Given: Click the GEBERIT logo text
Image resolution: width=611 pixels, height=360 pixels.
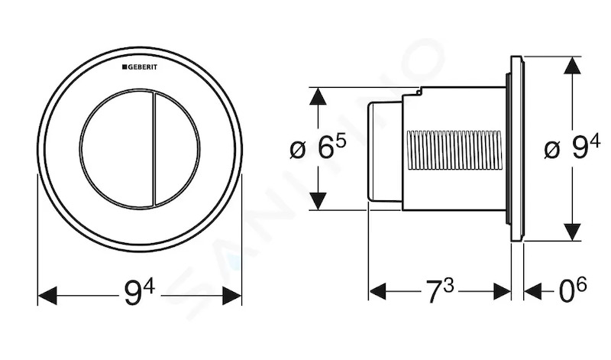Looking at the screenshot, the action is tap(140, 67).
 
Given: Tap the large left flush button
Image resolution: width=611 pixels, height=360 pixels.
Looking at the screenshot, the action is tap(116, 148).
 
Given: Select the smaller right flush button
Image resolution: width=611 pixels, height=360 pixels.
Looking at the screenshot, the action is tap(177, 148).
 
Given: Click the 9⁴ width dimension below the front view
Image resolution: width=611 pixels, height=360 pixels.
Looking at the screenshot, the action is tap(140, 294).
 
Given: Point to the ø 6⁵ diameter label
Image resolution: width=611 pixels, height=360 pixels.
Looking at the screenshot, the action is tap(318, 148).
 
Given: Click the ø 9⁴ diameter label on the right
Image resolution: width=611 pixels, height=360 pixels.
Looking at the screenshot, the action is tap(572, 148).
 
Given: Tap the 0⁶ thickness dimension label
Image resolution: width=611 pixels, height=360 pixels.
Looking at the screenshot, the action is tap(573, 290).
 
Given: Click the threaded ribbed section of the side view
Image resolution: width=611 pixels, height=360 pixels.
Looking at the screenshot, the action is tap(454, 151).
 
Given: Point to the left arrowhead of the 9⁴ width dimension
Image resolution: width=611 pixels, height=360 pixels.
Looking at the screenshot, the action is tap(47, 296).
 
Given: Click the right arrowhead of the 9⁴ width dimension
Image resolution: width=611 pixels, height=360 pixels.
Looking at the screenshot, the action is tap(232, 296).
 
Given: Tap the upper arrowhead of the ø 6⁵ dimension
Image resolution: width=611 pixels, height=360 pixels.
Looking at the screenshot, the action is tap(318, 96).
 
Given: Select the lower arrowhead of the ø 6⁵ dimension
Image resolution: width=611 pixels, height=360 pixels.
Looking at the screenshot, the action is tap(318, 201).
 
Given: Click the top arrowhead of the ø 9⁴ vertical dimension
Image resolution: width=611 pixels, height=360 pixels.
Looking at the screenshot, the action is tap(572, 65).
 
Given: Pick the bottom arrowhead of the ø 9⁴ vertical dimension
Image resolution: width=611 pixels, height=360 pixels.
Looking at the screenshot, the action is tap(572, 232).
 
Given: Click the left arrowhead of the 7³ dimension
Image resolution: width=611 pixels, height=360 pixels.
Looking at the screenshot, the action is tap(377, 291).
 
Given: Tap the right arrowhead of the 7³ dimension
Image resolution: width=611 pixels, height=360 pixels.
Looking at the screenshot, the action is tap(503, 291).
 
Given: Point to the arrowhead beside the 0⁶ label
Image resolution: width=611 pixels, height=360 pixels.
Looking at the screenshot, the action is tap(533, 291).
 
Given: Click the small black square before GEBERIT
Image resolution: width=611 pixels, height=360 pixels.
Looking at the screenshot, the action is tap(124, 67).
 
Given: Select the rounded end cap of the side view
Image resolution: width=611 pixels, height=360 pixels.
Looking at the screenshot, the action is tap(384, 151).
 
